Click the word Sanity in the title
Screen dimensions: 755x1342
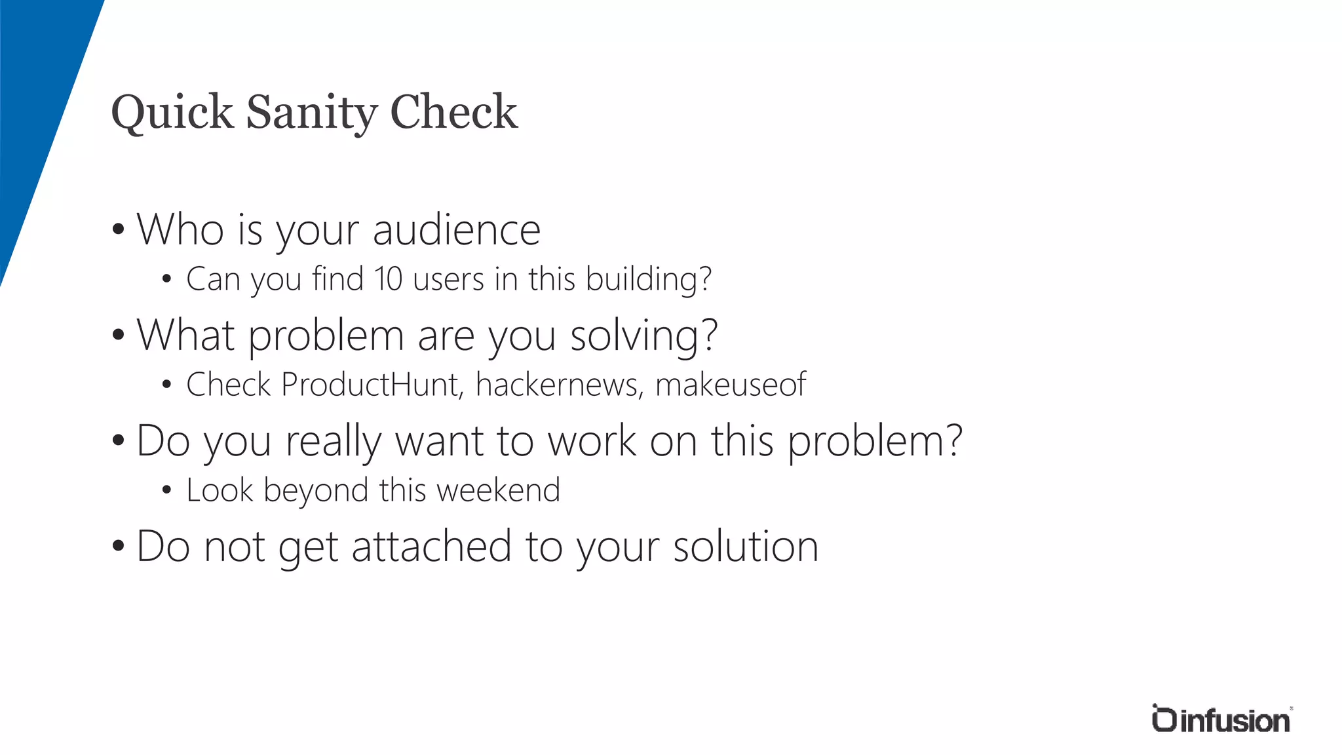(x=311, y=113)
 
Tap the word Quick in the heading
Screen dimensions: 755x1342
(x=172, y=113)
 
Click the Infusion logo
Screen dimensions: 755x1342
(x=1221, y=719)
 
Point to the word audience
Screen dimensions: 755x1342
(x=457, y=230)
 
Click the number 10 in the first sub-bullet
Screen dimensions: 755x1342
(x=389, y=279)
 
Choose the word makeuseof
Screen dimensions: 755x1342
(x=731, y=385)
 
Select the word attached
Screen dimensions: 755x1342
(x=431, y=547)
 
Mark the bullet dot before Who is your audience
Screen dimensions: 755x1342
(x=118, y=230)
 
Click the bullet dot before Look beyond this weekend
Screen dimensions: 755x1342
(x=166, y=490)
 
